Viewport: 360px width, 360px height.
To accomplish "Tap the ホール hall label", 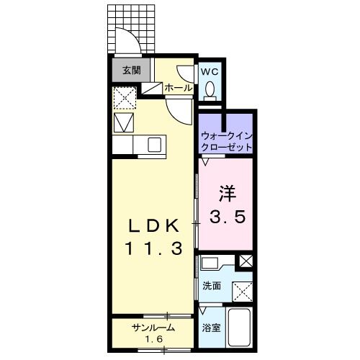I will (x=179, y=87).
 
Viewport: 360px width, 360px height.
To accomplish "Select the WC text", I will (x=209, y=71).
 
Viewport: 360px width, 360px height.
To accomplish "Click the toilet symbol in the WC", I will (x=210, y=89).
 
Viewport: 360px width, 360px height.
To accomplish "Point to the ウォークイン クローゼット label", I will (x=226, y=140).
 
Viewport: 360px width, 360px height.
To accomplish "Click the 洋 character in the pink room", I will (x=228, y=194).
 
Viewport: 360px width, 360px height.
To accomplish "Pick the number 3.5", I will (x=228, y=216).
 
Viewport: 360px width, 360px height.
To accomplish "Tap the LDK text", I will (x=153, y=225).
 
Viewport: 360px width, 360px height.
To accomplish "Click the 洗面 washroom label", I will (x=212, y=286).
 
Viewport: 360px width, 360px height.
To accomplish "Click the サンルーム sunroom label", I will (x=150, y=328).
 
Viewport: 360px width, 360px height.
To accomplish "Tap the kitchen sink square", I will (x=155, y=145).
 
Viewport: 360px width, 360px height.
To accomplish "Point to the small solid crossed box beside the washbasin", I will (x=246, y=261).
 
